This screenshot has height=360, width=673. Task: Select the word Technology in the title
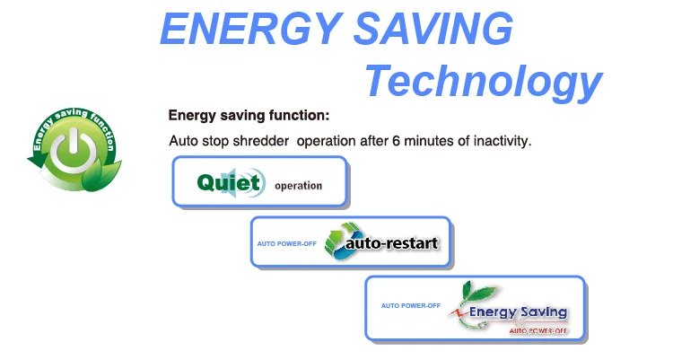click(x=482, y=83)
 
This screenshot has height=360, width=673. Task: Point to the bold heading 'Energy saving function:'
click(x=249, y=116)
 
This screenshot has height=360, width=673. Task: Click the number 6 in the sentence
click(x=397, y=142)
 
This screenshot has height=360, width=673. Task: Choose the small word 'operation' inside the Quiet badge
click(x=298, y=186)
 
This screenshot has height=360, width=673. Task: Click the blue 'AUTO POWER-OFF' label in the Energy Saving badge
click(x=410, y=305)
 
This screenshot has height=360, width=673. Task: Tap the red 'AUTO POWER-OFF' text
click(x=538, y=330)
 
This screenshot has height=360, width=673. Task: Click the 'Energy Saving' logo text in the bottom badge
click(x=519, y=312)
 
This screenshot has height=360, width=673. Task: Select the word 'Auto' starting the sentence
click(x=183, y=142)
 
